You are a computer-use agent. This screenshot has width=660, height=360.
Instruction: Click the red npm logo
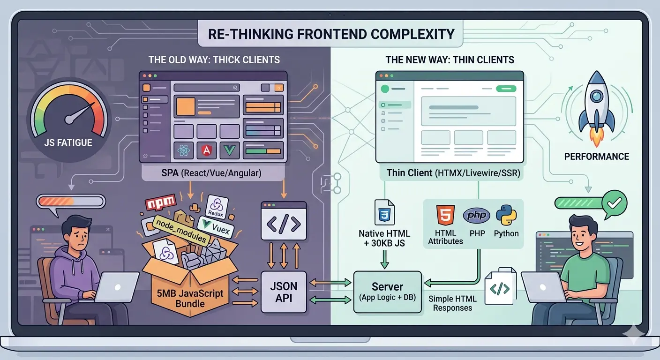coord(160,203)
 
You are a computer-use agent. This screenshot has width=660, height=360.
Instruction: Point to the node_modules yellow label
coord(180,230)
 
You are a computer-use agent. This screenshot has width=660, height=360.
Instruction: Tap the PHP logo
coord(476,216)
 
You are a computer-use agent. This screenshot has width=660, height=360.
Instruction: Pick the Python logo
coord(507,215)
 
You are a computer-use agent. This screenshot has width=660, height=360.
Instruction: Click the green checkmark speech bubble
coord(614,202)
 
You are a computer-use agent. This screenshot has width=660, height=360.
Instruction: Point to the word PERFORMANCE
coord(596,157)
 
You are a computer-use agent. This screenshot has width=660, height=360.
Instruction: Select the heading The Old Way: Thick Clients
coord(214,60)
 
